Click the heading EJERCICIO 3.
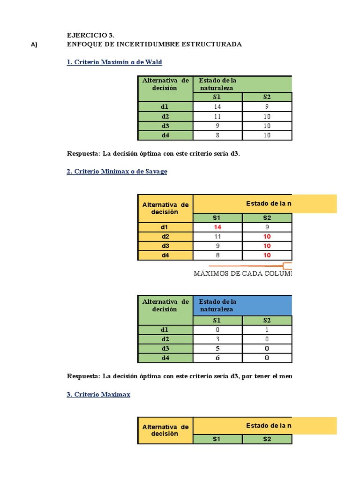[91, 35]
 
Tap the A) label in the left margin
[34, 45]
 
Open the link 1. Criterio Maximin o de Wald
[114, 62]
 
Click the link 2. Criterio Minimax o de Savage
[117, 172]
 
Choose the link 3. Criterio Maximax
[98, 395]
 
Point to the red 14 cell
[217, 227]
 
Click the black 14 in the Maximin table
[217, 107]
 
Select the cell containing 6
[217, 358]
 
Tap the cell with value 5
[217, 348]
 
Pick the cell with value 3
[217, 339]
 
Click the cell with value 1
[267, 330]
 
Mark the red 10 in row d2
[267, 237]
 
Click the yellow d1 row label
[165, 227]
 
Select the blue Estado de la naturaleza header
[242, 305]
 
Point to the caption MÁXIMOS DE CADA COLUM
[242, 274]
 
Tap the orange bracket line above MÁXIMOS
[262, 265]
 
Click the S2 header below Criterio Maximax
[267, 439]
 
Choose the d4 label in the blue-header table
[165, 358]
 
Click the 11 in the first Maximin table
[217, 116]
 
